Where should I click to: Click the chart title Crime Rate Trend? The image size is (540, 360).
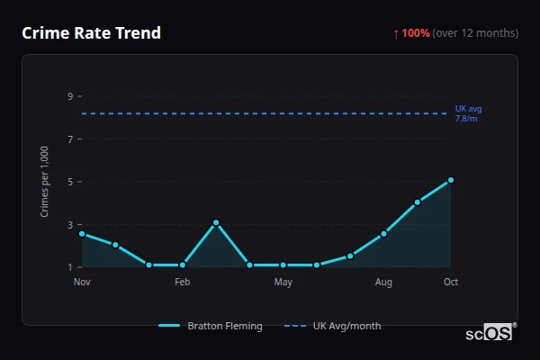click(x=91, y=33)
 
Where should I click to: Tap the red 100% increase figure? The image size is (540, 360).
click(x=415, y=33)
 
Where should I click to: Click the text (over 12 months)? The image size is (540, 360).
click(x=475, y=33)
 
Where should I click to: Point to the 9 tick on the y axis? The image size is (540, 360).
click(x=69, y=96)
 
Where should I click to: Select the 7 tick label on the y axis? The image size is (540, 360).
click(x=69, y=139)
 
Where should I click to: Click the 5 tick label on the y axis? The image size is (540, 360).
click(x=69, y=182)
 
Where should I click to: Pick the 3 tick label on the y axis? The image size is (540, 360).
click(x=69, y=225)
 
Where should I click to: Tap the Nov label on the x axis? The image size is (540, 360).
click(x=82, y=283)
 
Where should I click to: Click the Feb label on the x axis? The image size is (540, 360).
click(x=182, y=283)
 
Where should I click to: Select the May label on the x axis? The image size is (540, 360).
click(x=283, y=283)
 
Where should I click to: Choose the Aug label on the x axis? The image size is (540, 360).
click(x=383, y=283)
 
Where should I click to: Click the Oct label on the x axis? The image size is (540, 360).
click(x=451, y=283)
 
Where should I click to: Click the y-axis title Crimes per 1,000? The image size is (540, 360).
click(x=45, y=182)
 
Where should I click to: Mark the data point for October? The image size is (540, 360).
click(x=451, y=180)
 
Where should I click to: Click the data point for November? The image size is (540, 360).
click(x=82, y=234)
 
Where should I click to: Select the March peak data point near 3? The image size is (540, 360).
click(x=216, y=222)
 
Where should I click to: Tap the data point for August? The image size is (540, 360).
click(x=383, y=234)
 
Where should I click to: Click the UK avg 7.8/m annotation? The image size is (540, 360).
click(x=468, y=113)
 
